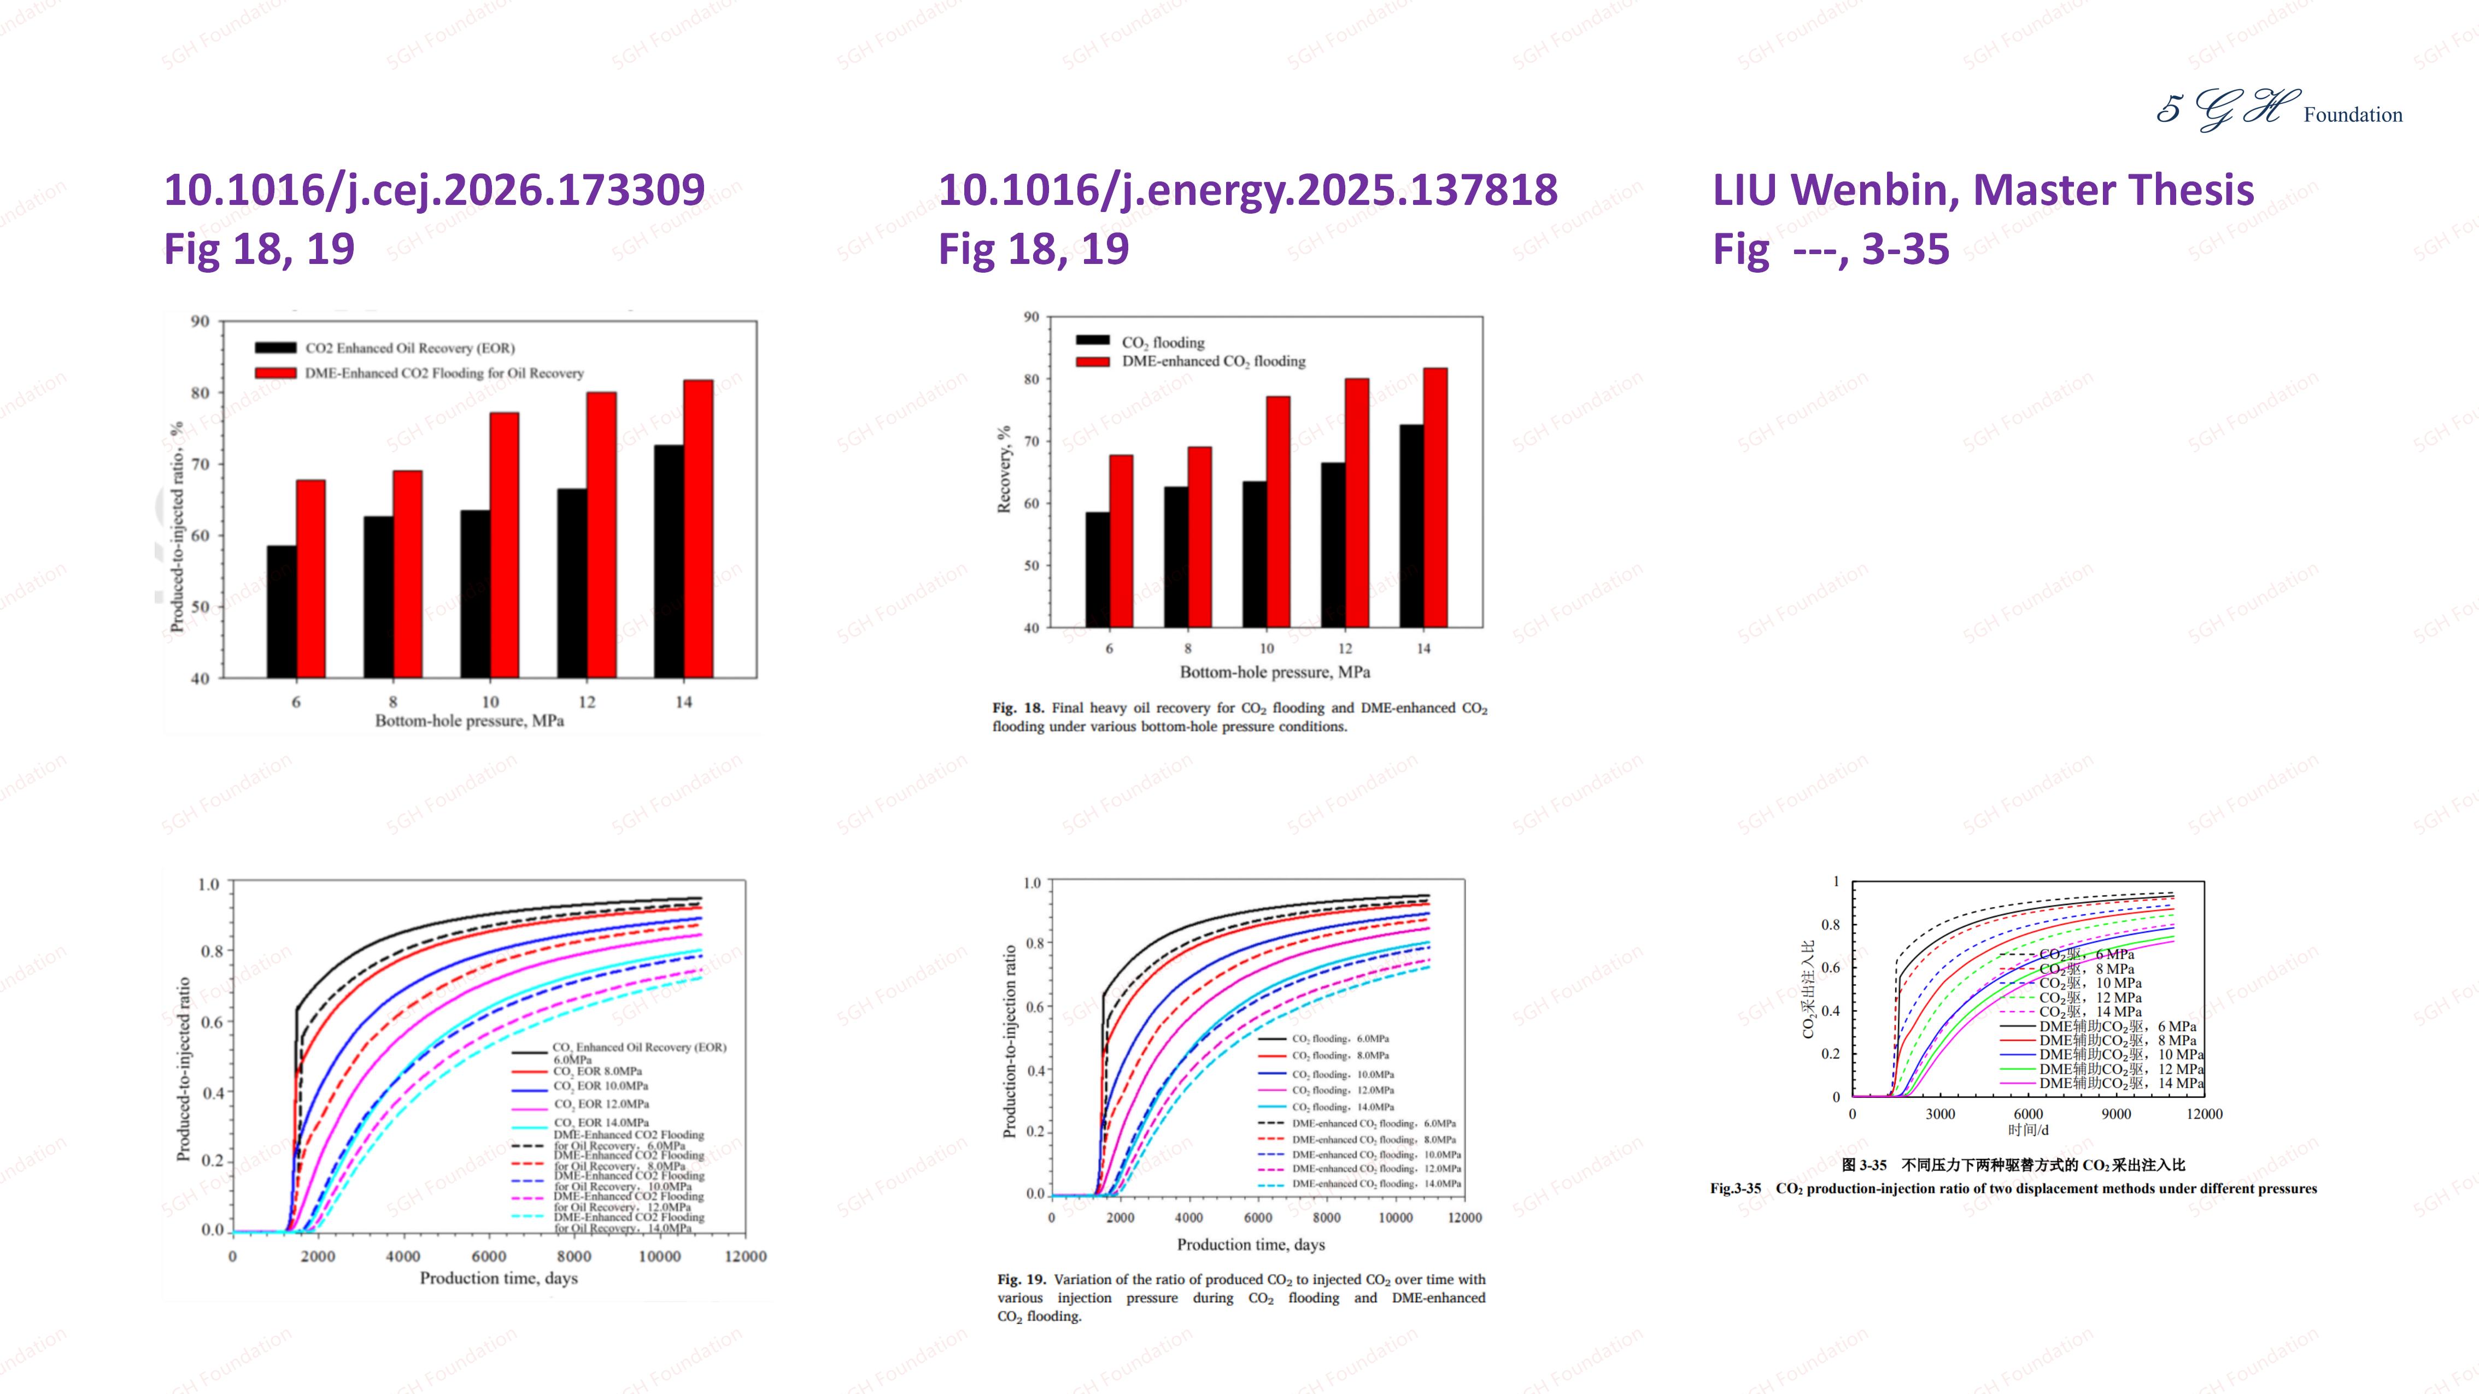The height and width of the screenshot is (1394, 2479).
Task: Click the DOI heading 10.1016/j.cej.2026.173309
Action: point(434,190)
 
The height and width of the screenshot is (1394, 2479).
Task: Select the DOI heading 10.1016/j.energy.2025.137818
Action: point(1247,190)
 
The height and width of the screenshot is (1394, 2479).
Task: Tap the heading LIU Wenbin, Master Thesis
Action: point(1983,190)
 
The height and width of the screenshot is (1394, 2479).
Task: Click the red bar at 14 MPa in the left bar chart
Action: point(698,529)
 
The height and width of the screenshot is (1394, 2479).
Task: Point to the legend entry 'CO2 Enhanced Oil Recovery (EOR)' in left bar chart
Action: point(409,348)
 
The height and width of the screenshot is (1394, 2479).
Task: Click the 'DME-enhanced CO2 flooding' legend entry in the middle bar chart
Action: point(1212,362)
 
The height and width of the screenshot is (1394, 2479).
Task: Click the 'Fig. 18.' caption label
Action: point(1017,708)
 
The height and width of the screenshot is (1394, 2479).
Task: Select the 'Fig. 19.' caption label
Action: point(1021,1279)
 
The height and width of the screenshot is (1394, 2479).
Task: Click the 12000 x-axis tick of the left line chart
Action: point(746,1256)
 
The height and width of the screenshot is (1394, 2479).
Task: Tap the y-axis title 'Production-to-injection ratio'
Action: point(1010,1041)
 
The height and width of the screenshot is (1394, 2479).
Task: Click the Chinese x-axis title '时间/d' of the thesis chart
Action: point(2027,1131)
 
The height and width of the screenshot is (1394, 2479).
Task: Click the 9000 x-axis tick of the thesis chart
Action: point(2115,1114)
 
